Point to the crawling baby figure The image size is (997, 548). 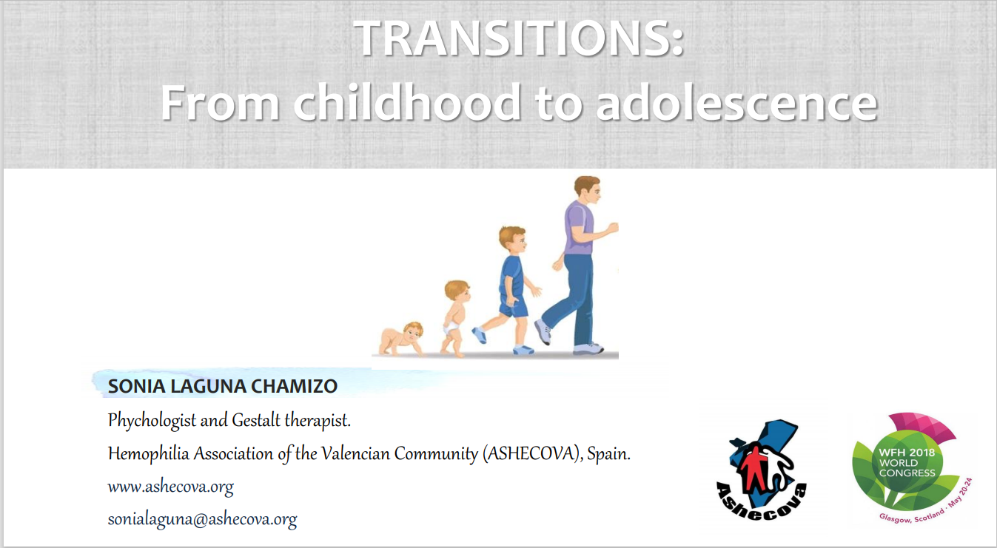tap(401, 339)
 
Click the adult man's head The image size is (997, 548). tap(588, 190)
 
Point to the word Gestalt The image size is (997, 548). tap(256, 420)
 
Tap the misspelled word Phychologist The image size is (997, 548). tap(152, 420)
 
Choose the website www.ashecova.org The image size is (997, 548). tap(170, 487)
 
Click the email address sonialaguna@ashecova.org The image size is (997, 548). tap(203, 520)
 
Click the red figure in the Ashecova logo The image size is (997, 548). tap(751, 467)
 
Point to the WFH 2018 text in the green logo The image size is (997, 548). tap(907, 453)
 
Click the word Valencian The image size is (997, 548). tap(355, 453)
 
